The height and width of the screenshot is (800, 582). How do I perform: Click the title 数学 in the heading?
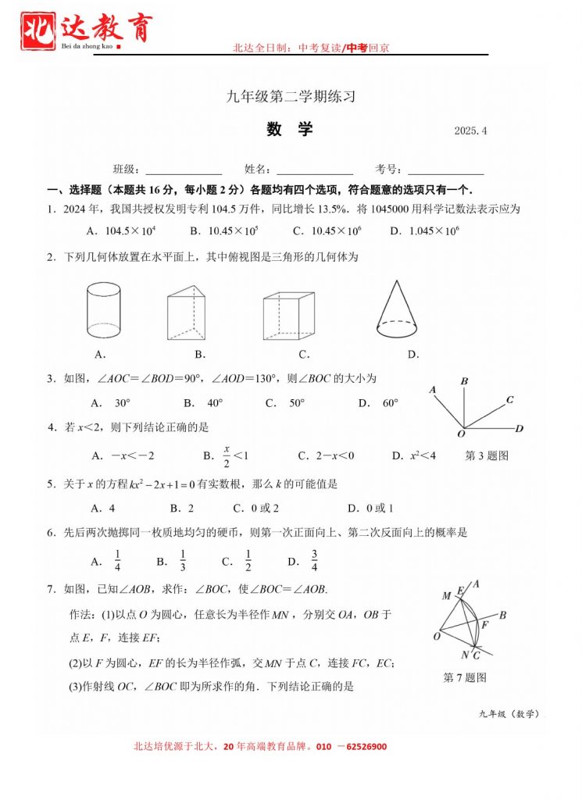pyautogui.click(x=289, y=130)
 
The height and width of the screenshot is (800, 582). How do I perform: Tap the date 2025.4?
pyautogui.click(x=470, y=131)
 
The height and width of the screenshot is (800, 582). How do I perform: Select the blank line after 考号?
pyautogui.click(x=445, y=170)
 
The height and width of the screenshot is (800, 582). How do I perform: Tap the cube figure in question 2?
pyautogui.click(x=288, y=315)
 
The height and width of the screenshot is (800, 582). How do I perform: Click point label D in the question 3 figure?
pyautogui.click(x=519, y=429)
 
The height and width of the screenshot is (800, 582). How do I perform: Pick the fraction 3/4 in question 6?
pyautogui.click(x=313, y=561)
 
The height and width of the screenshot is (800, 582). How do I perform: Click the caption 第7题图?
pyautogui.click(x=465, y=677)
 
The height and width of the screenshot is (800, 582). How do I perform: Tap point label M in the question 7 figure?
pyautogui.click(x=446, y=596)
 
